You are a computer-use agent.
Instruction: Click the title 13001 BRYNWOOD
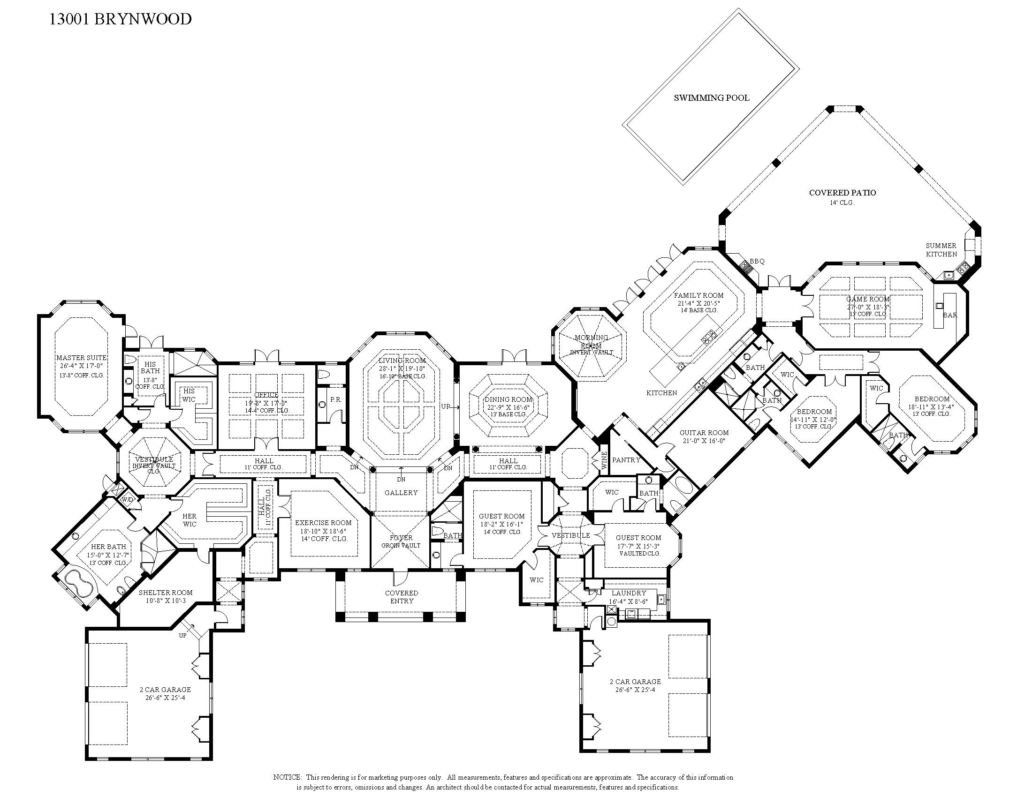(121, 19)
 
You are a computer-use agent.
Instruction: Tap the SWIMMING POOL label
(711, 98)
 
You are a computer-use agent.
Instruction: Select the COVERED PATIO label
(842, 193)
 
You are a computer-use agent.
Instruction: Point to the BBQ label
(757, 261)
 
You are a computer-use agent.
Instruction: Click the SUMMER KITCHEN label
(941, 250)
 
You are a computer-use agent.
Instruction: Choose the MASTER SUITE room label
(81, 358)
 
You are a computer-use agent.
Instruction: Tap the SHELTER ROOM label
(166, 593)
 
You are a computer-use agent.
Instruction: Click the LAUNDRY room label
(629, 593)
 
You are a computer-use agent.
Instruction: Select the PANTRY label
(626, 460)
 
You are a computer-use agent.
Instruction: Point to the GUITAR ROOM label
(704, 433)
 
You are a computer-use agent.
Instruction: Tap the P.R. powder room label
(335, 399)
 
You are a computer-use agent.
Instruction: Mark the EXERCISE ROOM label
(323, 523)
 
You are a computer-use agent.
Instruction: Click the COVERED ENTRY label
(402, 597)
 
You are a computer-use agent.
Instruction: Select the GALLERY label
(401, 493)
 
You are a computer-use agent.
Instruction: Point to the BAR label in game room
(950, 315)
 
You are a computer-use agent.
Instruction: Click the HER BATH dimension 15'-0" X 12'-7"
(108, 555)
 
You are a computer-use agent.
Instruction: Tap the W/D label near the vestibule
(127, 500)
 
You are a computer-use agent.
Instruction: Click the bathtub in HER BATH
(78, 584)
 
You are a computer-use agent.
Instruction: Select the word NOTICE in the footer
(287, 777)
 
